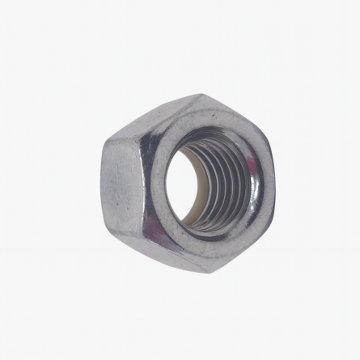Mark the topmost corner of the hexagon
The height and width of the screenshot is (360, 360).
point(199,95)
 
